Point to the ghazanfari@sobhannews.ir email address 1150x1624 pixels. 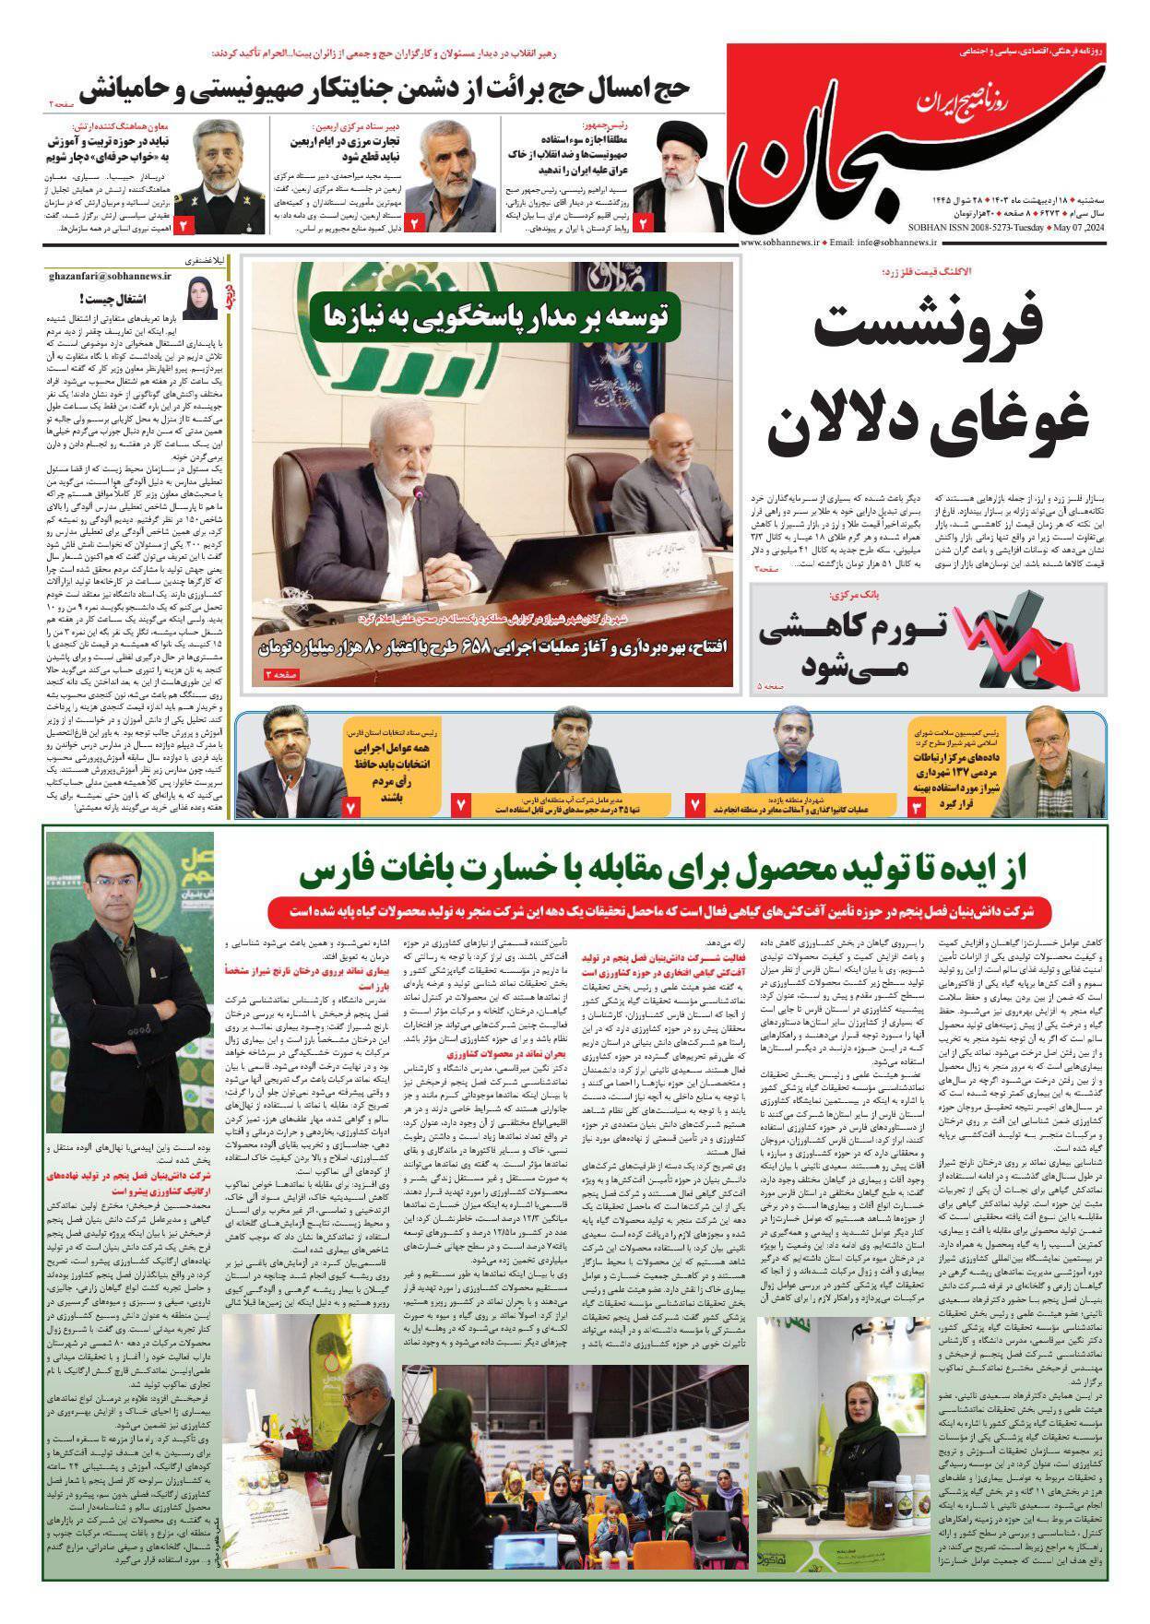coord(102,276)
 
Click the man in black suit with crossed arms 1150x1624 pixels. coord(129,996)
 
